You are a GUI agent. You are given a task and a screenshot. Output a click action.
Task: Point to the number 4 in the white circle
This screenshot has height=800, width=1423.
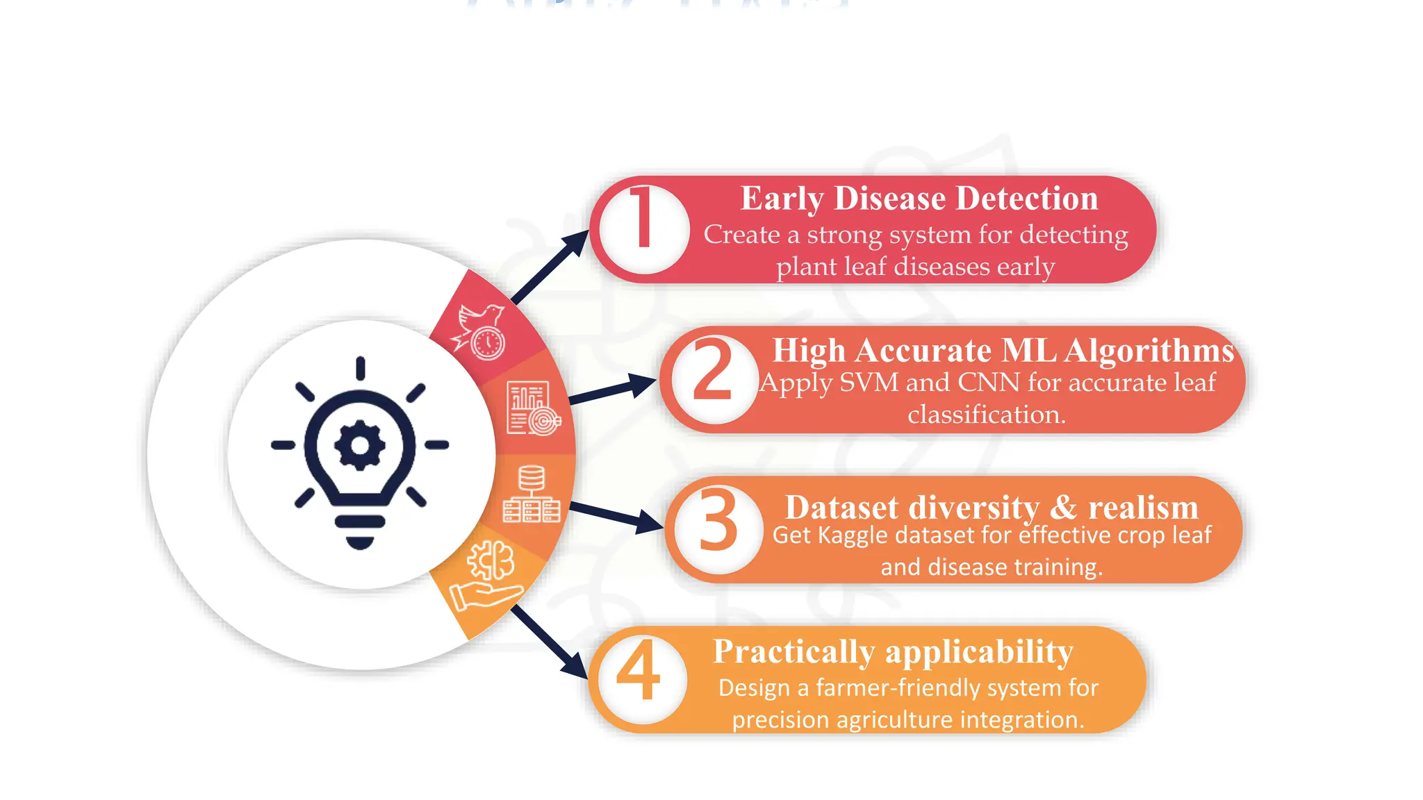pyautogui.click(x=638, y=669)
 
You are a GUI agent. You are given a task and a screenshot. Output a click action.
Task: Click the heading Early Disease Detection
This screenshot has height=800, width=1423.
pyautogui.click(x=919, y=199)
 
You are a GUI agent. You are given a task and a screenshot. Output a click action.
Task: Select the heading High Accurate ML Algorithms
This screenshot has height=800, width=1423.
pyautogui.click(x=1003, y=351)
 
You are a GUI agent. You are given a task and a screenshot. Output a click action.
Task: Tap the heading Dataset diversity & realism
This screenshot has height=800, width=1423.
pyautogui.click(x=992, y=508)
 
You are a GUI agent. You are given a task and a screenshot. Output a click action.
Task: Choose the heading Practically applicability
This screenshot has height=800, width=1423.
pyautogui.click(x=893, y=652)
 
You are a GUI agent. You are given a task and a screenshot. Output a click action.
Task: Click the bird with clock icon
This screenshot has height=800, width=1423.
pyautogui.click(x=479, y=332)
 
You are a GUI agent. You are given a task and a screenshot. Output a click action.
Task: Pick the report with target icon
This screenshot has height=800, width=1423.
pyautogui.click(x=532, y=409)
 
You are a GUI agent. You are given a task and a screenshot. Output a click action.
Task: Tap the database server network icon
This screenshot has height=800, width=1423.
pyautogui.click(x=532, y=494)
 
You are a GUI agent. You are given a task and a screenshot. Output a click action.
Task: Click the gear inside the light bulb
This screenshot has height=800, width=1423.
pyautogui.click(x=360, y=445)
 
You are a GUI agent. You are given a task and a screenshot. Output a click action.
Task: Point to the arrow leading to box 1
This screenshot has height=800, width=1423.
pyautogui.click(x=550, y=267)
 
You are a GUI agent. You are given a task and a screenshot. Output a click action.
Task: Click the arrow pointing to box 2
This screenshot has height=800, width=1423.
pyautogui.click(x=611, y=390)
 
